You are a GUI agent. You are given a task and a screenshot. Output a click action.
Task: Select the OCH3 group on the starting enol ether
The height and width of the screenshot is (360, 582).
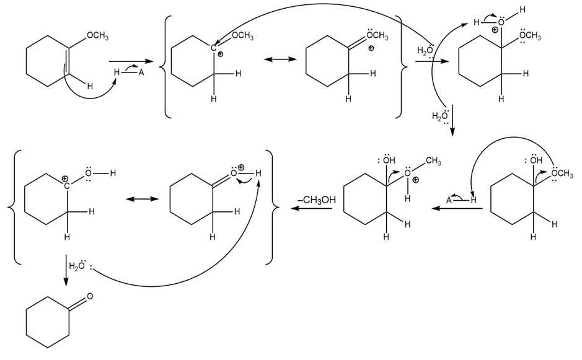point(97,37)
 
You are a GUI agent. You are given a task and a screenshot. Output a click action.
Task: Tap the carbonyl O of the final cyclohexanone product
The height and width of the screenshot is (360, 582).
point(90,296)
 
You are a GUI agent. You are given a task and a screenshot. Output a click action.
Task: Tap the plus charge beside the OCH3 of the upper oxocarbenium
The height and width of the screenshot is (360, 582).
point(371,48)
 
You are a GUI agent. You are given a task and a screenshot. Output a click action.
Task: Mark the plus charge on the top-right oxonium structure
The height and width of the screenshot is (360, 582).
point(495,29)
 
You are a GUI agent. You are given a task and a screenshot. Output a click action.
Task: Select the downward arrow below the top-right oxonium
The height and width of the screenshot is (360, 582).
point(453,121)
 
